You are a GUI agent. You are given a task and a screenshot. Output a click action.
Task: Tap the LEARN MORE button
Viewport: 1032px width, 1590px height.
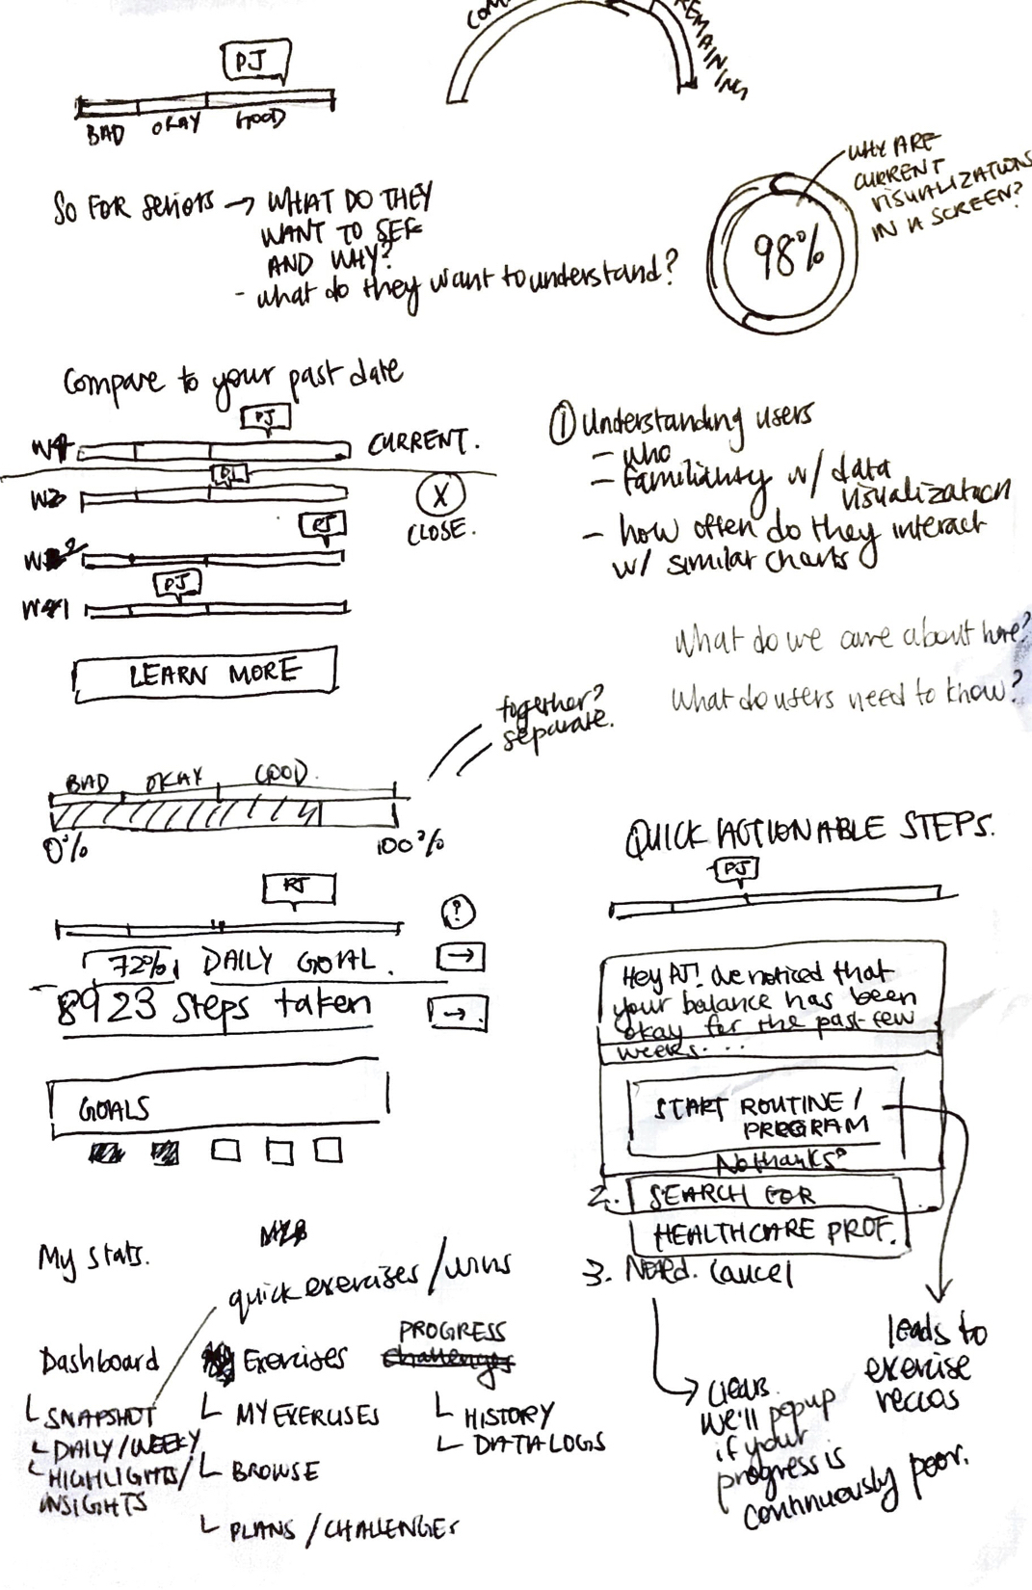click(x=205, y=673)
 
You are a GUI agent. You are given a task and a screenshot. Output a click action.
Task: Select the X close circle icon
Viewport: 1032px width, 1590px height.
click(x=440, y=495)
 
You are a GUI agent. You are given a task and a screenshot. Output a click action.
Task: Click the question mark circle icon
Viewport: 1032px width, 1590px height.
click(x=458, y=911)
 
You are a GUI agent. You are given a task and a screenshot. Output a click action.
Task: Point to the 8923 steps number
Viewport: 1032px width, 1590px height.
click(x=106, y=1007)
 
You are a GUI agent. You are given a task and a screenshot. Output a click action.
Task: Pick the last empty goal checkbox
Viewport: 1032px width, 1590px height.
click(x=329, y=1150)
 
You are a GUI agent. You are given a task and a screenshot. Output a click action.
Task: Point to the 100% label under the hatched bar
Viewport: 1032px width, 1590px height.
click(x=409, y=845)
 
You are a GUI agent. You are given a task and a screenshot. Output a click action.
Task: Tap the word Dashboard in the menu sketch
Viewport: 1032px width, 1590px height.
click(x=99, y=1361)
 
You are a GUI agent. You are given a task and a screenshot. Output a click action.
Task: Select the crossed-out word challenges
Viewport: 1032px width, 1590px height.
click(x=448, y=1361)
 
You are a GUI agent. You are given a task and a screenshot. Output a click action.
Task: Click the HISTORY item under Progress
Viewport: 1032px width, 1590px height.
click(x=508, y=1416)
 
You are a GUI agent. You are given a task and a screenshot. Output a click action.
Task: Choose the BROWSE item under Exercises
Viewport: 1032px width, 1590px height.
click(x=274, y=1471)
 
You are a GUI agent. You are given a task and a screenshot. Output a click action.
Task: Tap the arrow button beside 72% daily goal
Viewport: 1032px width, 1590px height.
click(x=462, y=956)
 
